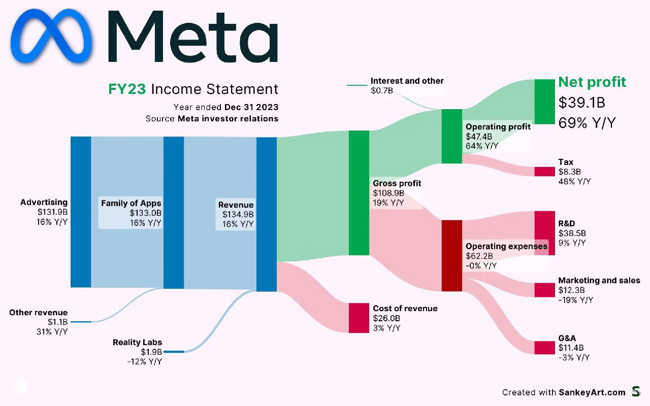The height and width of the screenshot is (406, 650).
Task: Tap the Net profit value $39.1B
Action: pyautogui.click(x=581, y=103)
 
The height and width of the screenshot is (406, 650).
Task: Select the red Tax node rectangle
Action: pyautogui.click(x=544, y=172)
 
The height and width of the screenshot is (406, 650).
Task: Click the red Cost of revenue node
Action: pyautogui.click(x=359, y=318)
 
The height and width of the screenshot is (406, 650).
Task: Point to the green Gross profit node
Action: pyautogui.click(x=359, y=193)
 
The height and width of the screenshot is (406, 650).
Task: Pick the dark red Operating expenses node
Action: pyautogui.click(x=451, y=256)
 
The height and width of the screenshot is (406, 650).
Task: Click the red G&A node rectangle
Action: pyautogui.click(x=544, y=348)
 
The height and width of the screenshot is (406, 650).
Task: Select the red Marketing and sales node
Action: pyautogui.click(x=544, y=290)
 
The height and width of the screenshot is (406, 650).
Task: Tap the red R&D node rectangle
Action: pyautogui.click(x=544, y=233)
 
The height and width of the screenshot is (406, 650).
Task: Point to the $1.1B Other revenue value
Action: pyautogui.click(x=58, y=322)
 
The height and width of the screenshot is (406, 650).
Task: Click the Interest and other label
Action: pyautogui.click(x=407, y=81)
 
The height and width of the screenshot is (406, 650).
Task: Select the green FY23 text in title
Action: pyautogui.click(x=127, y=89)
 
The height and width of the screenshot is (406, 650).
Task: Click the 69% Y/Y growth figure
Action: pyautogui.click(x=587, y=123)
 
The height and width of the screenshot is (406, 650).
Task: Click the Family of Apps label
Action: pyautogui.click(x=131, y=203)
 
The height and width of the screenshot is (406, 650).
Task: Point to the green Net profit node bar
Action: pyautogui.click(x=544, y=101)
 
